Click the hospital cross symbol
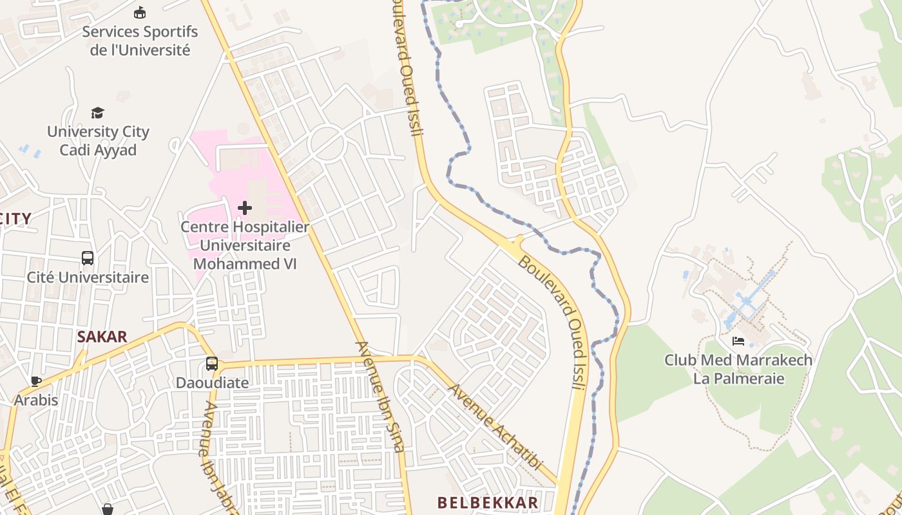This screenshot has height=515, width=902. [x=245, y=208]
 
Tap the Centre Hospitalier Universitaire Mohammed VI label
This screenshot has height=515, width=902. [x=245, y=245]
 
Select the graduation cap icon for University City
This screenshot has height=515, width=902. [x=98, y=113]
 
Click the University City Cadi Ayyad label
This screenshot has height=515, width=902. [x=98, y=141]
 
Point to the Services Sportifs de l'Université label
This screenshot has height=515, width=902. [x=140, y=41]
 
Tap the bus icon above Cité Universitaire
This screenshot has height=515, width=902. [x=88, y=258]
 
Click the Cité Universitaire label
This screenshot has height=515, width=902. [x=88, y=277]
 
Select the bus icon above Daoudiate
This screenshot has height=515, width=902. [x=212, y=364]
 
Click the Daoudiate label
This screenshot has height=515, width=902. [x=212, y=383]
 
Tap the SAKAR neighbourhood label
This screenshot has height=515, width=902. [x=102, y=336]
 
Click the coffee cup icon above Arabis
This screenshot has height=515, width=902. [x=36, y=381]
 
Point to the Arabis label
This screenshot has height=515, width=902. [x=36, y=400]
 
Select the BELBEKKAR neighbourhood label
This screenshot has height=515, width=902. [x=488, y=503]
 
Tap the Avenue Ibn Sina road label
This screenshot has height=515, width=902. [x=380, y=396]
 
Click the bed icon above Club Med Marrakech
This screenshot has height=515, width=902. [x=738, y=341]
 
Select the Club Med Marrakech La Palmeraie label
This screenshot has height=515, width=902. [x=738, y=369]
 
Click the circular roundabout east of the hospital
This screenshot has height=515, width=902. [x=327, y=143]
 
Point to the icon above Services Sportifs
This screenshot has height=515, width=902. [x=140, y=13]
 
